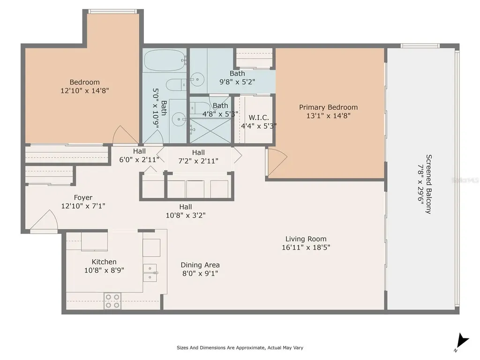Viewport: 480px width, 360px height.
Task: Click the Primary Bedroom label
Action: (328, 107)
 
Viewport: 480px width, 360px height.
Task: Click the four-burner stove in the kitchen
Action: (112, 301)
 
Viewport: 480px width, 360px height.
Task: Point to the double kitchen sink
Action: (150, 272)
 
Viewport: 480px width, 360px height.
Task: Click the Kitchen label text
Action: (104, 262)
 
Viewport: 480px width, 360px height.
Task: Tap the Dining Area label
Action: (200, 265)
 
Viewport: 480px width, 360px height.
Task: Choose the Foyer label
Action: (83, 197)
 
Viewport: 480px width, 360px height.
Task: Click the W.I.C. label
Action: (259, 117)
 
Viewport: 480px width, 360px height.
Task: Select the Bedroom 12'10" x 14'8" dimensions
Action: (85, 90)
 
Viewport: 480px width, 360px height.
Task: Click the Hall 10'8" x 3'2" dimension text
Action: (186, 215)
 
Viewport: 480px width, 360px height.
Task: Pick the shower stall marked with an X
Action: (210, 131)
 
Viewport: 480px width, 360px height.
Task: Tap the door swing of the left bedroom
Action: (124, 136)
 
